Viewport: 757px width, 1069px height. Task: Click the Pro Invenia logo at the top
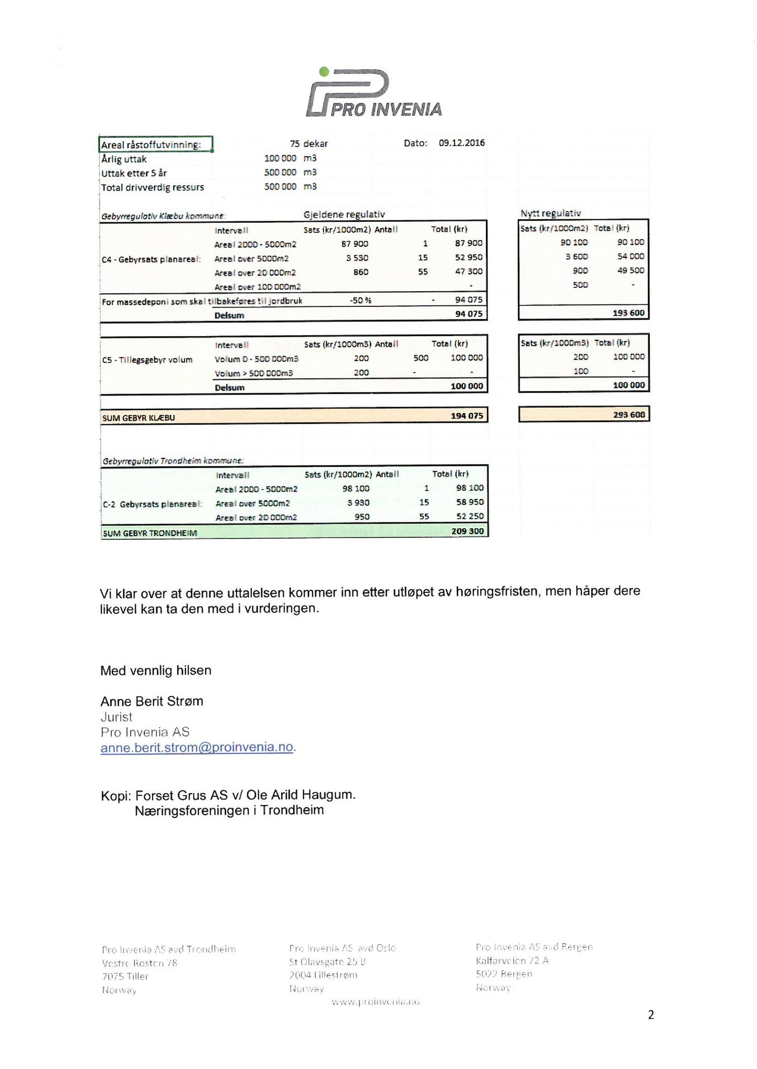374,92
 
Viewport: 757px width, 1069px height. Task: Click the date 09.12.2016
461,143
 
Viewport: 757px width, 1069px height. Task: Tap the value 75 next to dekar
294,144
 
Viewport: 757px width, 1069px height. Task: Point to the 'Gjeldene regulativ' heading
344,215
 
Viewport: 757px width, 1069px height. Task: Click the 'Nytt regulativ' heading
550,213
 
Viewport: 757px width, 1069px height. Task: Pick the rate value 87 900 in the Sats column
355,244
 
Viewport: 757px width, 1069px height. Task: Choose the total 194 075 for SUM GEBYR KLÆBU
467,416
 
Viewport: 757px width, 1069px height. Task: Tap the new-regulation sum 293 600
628,415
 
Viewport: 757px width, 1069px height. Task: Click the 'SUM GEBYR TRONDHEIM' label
150,533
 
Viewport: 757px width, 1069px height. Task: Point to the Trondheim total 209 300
468,531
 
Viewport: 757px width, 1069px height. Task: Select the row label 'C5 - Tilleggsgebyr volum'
147,360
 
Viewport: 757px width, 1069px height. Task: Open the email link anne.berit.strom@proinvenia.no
196,747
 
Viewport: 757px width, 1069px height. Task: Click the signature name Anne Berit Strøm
152,701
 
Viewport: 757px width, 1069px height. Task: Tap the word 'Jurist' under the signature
116,717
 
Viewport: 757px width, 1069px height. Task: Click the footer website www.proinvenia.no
376,1002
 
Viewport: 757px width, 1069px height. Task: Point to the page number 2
650,1015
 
